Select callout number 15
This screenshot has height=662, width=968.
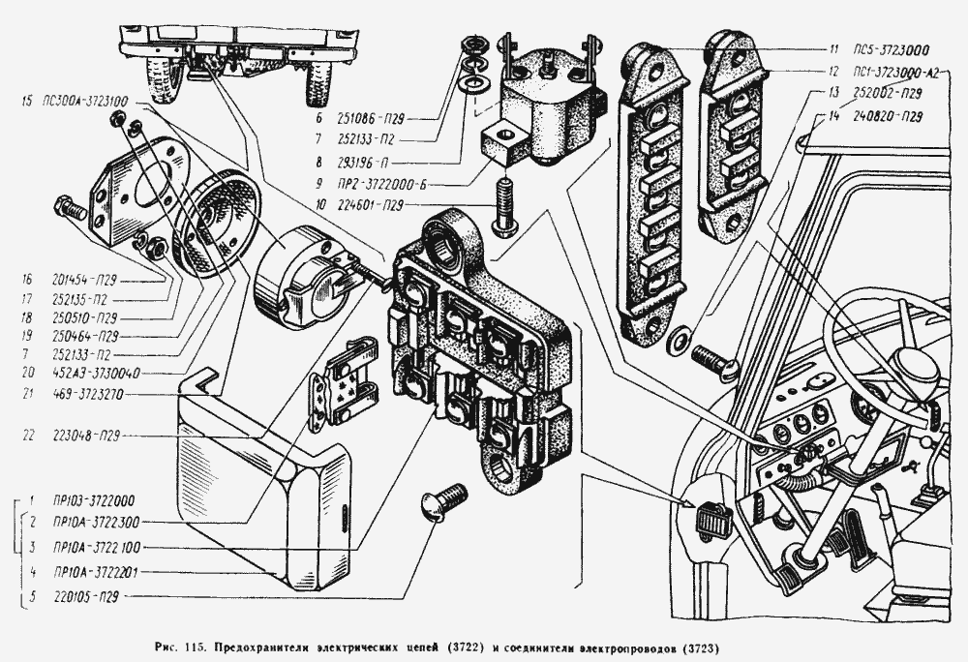click(x=35, y=101)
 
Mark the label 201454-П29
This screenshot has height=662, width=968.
click(x=88, y=279)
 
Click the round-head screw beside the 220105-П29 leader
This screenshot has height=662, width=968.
click(x=441, y=502)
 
